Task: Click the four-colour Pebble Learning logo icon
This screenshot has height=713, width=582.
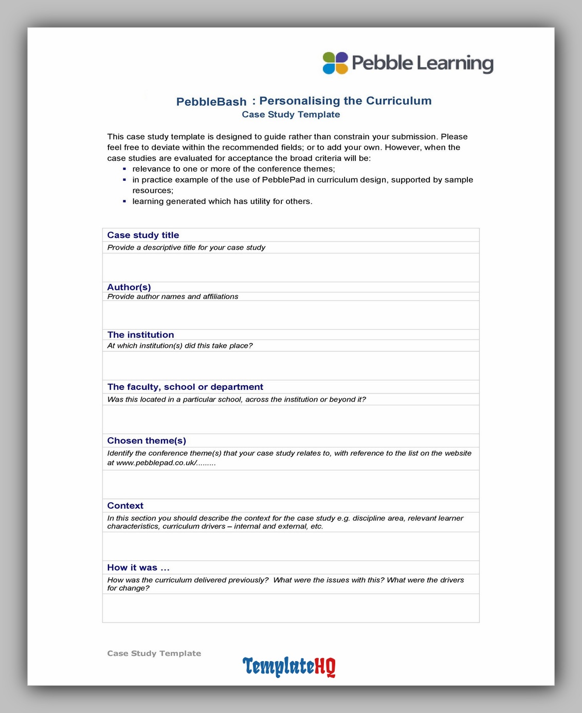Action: (335, 63)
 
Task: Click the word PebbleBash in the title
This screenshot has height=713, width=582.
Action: (211, 102)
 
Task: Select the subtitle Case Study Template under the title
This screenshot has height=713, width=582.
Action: (291, 115)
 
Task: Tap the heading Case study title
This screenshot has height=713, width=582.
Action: (143, 235)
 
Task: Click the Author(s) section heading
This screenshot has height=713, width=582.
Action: (129, 287)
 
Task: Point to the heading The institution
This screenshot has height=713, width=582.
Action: (140, 335)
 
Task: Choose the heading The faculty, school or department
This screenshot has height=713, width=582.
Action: (185, 387)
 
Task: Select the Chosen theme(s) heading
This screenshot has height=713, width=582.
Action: (147, 441)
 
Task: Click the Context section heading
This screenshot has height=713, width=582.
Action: (125, 505)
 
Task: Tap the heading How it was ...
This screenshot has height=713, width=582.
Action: (138, 568)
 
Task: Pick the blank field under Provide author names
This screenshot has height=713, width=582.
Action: (290, 315)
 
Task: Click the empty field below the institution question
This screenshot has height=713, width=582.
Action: (290, 366)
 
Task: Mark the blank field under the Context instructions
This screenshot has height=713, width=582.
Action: (290, 546)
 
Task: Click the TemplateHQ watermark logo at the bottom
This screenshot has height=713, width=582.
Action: (289, 667)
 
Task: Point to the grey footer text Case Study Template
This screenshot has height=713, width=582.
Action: (154, 653)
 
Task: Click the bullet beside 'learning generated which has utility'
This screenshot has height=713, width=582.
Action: (124, 201)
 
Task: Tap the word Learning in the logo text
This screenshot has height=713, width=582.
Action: (455, 64)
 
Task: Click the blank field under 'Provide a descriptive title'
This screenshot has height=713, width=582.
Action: (290, 267)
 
